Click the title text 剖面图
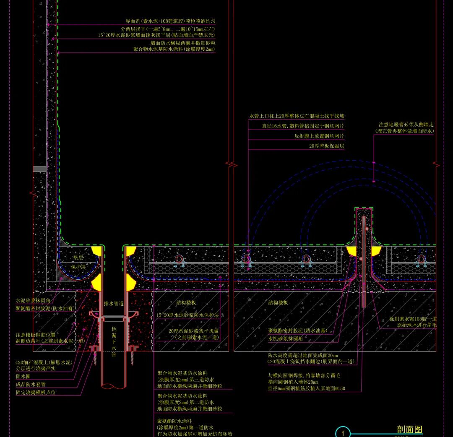pyautogui.click(x=409, y=429)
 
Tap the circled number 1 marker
pyautogui.click(x=343, y=433)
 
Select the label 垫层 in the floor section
pyautogui.click(x=78, y=258)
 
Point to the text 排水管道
pyautogui.click(x=114, y=303)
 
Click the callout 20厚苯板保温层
pyautogui.click(x=326, y=146)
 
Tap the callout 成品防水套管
pyautogui.click(x=31, y=384)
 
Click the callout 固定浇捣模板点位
pyautogui.click(x=36, y=393)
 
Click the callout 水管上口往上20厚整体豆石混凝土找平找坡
pyautogui.click(x=297, y=116)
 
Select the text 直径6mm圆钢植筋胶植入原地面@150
pyautogui.click(x=307, y=389)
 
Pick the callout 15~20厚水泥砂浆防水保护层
pyautogui.click(x=187, y=315)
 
